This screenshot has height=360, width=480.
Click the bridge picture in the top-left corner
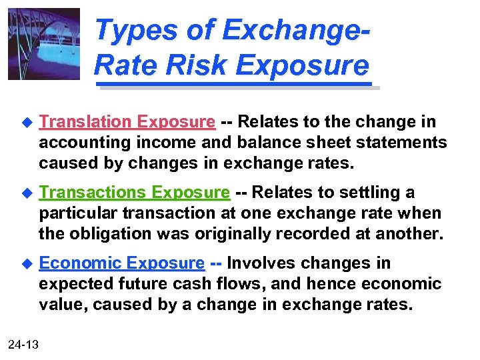43,44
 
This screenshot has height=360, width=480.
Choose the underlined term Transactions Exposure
134,193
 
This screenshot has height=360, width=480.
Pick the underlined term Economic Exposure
121,263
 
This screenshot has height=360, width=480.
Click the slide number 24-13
23,344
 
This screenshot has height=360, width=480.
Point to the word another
412,234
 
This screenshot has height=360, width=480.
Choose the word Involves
262,263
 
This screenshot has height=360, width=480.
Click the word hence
327,284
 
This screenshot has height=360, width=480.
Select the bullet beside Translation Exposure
27,123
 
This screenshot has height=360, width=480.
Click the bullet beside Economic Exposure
27,264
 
